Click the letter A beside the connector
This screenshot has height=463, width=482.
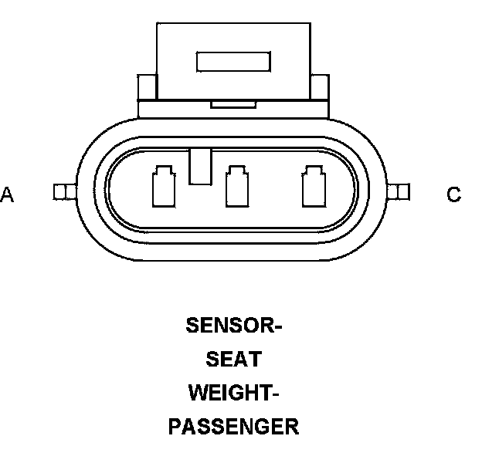click(x=7, y=194)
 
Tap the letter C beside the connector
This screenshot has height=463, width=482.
click(x=454, y=194)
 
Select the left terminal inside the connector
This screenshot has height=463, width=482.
click(x=164, y=188)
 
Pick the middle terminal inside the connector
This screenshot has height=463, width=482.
click(x=236, y=188)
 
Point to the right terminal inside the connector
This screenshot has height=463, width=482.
click(x=312, y=188)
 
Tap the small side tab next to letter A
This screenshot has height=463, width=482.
click(x=63, y=192)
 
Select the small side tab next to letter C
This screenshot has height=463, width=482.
click(x=398, y=192)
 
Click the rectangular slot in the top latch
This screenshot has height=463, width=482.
click(x=234, y=62)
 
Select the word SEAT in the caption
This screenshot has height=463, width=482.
click(x=233, y=360)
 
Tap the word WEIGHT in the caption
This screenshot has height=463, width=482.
click(x=229, y=393)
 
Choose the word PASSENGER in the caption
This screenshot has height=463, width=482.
click(x=233, y=427)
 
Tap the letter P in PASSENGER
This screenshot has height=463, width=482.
click(x=175, y=427)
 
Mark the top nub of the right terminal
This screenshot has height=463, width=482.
click(x=312, y=170)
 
